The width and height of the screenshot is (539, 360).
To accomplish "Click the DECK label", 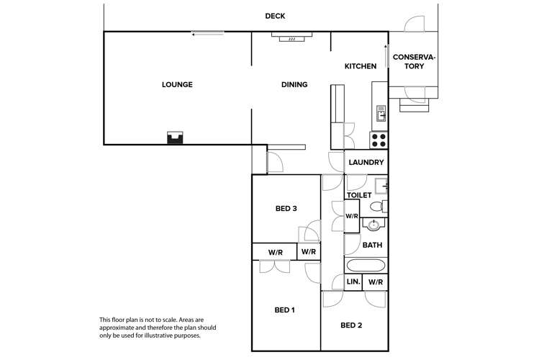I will coord(274,16).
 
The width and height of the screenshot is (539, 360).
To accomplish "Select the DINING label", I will coord(294,85).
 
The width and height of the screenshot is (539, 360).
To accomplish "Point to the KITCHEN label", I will coord(360,66).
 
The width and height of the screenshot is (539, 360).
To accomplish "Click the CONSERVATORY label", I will coord(414,61).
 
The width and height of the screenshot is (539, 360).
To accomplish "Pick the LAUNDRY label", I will coord(366,163).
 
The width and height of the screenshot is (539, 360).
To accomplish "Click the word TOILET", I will coord(358,195).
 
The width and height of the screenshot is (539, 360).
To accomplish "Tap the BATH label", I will coord(371,246).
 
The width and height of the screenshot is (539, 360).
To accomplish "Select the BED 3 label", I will coord(286,210).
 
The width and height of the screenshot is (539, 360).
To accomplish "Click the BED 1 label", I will coord(286,310).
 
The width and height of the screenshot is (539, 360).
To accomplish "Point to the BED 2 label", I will coord(350,325).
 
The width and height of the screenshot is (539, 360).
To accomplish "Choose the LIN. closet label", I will coord(353,282).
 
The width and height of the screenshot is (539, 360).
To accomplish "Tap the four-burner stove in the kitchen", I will coord(379,139).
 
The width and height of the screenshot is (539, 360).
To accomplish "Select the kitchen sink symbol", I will coord(381,113).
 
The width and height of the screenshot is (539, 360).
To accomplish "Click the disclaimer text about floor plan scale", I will coord(157,328).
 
